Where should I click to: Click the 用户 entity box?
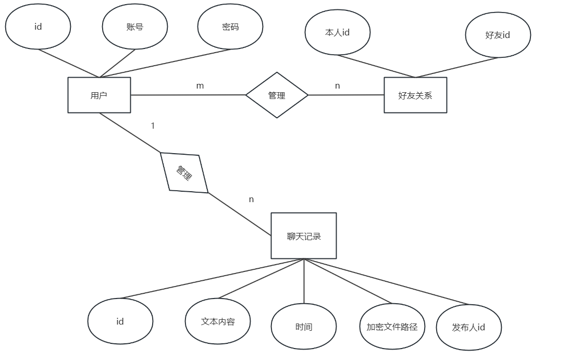[x=99, y=95]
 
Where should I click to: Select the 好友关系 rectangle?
[x=415, y=95]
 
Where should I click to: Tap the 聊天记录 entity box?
[x=304, y=235]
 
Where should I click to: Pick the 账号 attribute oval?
[x=135, y=27]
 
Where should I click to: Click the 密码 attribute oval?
[x=230, y=27]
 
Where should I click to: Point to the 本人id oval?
[x=337, y=32]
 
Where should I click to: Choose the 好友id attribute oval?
[x=498, y=35]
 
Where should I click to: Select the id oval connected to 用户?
[x=38, y=27]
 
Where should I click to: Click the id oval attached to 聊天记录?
[x=120, y=321]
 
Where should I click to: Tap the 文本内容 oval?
[x=218, y=321]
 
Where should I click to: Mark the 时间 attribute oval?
[x=304, y=327]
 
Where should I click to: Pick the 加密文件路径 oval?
[x=392, y=327]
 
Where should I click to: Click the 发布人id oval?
[x=468, y=327]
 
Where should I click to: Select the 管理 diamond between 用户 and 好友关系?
[x=277, y=95]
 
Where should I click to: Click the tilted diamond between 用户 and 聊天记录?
[x=184, y=172]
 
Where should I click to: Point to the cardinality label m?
[x=200, y=86]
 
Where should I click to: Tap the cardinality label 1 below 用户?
[x=153, y=126]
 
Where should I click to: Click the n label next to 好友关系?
[x=338, y=86]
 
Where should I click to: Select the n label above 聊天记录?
[x=251, y=200]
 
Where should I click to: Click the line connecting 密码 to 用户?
[x=167, y=63]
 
